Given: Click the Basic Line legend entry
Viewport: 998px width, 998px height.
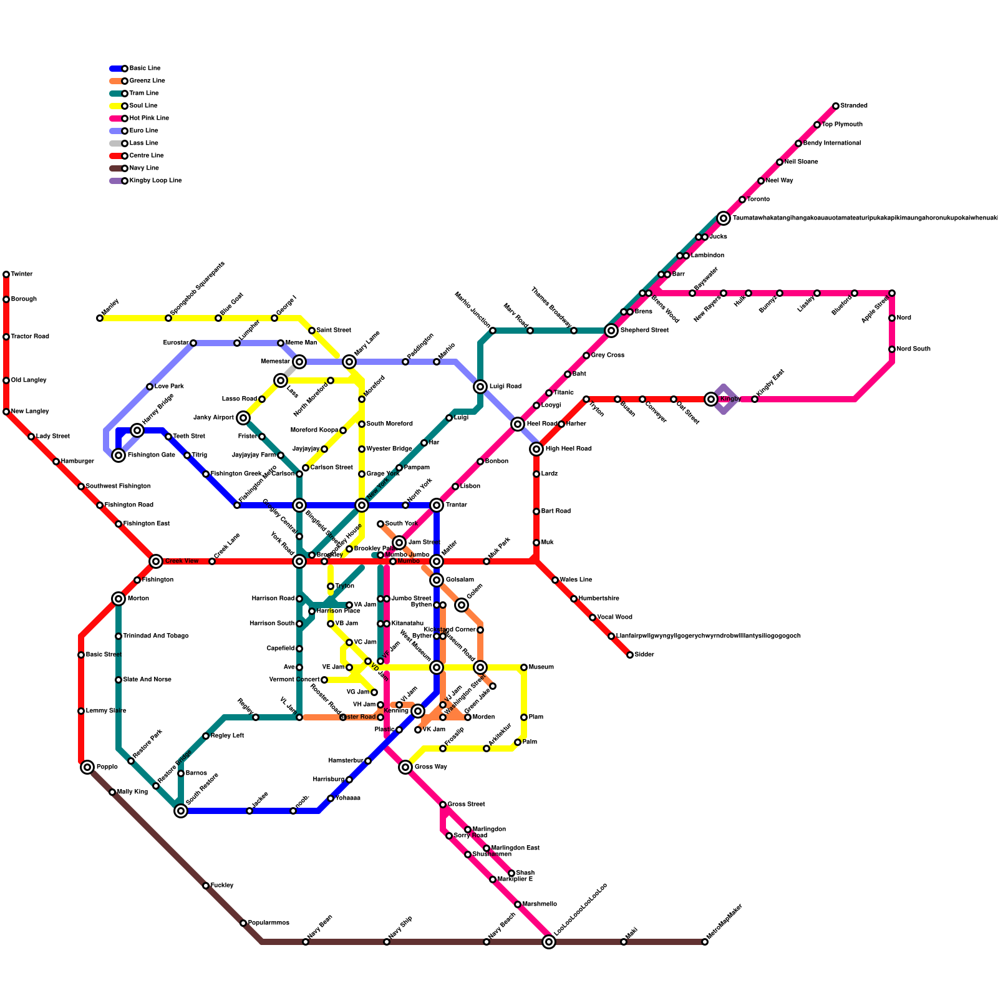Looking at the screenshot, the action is pyautogui.click(x=144, y=69).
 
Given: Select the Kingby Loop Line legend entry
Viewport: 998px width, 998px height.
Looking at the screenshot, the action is pyautogui.click(x=155, y=181).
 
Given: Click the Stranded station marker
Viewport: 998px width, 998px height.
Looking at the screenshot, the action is pyautogui.click(x=836, y=106).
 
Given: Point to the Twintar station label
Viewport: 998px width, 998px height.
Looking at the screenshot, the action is pyautogui.click(x=22, y=274).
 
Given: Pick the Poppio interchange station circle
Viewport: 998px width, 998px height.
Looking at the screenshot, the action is pyautogui.click(x=87, y=767).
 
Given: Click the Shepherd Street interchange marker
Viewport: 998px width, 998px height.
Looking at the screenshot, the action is pyautogui.click(x=611, y=331).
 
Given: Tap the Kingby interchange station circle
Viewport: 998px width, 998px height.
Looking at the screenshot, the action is pyautogui.click(x=711, y=399).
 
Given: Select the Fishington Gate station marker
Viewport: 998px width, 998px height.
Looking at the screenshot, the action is pyautogui.click(x=119, y=455).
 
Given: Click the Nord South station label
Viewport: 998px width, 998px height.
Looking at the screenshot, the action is pyautogui.click(x=914, y=349).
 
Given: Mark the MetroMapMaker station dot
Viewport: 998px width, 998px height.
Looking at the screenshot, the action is pyautogui.click(x=705, y=942).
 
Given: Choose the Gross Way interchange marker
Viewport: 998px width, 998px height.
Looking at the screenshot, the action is pyautogui.click(x=405, y=767).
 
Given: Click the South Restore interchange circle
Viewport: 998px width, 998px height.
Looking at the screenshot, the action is pyautogui.click(x=181, y=811).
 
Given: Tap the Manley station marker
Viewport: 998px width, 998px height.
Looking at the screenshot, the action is pyautogui.click(x=100, y=318).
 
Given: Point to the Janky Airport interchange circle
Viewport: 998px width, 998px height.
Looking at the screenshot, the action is pyautogui.click(x=243, y=418).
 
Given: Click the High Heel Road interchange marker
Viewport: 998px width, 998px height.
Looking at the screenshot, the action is pyautogui.click(x=536, y=449).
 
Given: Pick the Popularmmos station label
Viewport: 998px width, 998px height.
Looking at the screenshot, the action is pyautogui.click(x=269, y=923).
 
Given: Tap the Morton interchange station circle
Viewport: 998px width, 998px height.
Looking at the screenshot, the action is pyautogui.click(x=119, y=599).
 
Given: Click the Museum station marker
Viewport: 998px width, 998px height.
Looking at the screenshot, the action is pyautogui.click(x=524, y=667).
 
